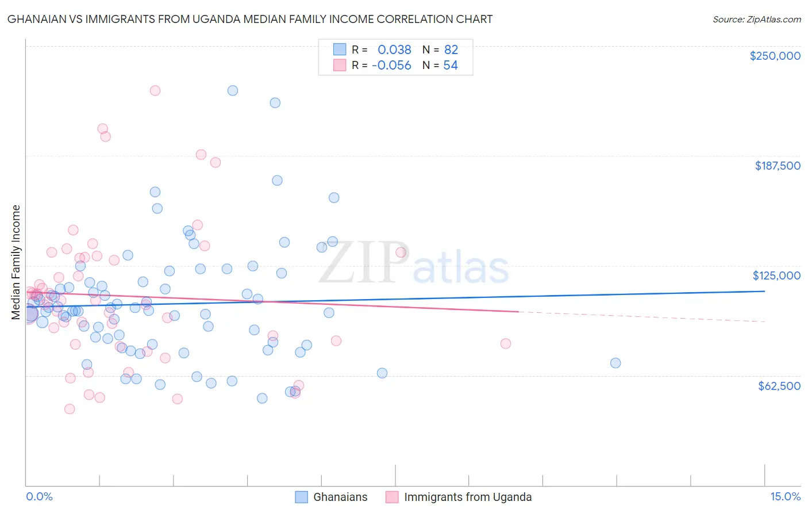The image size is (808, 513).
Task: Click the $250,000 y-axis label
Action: click(x=775, y=56)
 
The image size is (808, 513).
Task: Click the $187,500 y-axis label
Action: click(x=777, y=166)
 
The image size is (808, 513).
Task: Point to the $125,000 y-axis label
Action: click(x=776, y=275)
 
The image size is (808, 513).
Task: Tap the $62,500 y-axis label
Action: click(x=779, y=386)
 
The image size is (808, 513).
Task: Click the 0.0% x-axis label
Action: click(x=39, y=496)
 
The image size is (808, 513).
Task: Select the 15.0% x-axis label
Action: click(x=785, y=496)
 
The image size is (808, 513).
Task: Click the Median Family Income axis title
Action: click(x=16, y=262)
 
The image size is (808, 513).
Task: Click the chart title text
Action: click(x=250, y=19)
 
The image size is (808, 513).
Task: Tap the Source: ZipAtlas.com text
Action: click(x=756, y=19)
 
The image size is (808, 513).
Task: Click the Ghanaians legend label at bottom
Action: click(x=340, y=497)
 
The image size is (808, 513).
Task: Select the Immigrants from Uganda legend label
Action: click(x=468, y=497)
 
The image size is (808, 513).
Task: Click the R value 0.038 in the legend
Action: click(x=394, y=50)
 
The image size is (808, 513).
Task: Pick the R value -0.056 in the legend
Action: click(x=391, y=66)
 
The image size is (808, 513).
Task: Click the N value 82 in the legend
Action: click(x=451, y=50)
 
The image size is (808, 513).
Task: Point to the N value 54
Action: click(x=451, y=66)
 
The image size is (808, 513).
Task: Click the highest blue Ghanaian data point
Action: click(x=233, y=90)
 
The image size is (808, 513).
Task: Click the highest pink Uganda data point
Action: click(x=155, y=90)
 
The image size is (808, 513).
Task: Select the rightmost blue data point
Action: click(x=615, y=363)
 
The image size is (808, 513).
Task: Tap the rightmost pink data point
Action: click(x=506, y=343)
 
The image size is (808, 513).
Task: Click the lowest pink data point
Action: click(x=70, y=409)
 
